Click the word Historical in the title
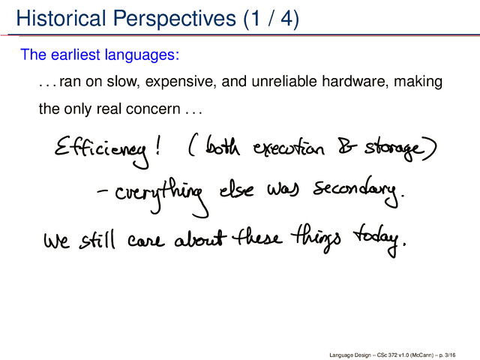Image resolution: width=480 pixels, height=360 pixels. (x=61, y=18)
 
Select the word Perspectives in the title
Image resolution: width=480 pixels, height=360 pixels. (x=175, y=19)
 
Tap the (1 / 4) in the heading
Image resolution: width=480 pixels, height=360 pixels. (x=271, y=19)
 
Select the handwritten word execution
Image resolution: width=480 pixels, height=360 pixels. (x=288, y=148)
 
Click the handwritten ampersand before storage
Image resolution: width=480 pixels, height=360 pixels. (x=347, y=146)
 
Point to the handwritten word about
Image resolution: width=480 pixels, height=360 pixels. (x=200, y=239)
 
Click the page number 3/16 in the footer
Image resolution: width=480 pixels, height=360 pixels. (x=450, y=355)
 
